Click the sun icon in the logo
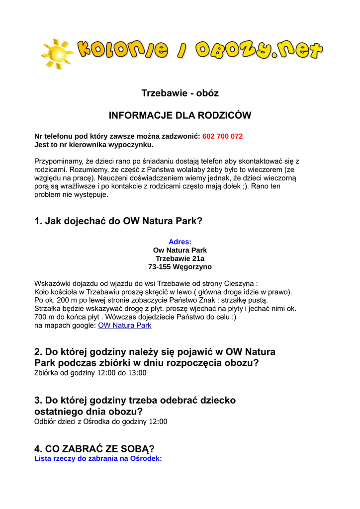[58, 53]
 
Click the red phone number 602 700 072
[222, 136]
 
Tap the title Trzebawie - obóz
[180, 93]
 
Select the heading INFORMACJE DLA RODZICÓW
[180, 115]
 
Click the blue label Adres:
[180, 242]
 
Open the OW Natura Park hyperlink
[125, 326]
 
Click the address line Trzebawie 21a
[180, 258]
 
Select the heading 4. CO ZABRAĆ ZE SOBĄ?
[94, 449]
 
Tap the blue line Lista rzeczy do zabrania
[98, 458]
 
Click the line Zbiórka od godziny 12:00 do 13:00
[90, 373]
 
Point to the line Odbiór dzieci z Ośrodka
[101, 422]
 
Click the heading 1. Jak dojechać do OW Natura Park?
[118, 221]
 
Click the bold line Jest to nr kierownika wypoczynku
[94, 145]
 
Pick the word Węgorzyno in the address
[192, 267]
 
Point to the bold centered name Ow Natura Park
[180, 250]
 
